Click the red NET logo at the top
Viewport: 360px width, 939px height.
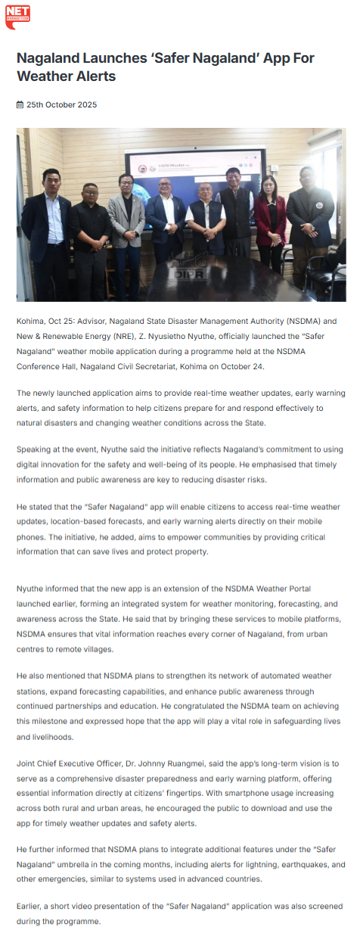[x=17, y=15]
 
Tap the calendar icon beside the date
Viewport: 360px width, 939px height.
[x=20, y=105]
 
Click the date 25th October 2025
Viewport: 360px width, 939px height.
[x=61, y=105]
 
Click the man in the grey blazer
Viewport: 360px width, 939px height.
[x=126, y=219]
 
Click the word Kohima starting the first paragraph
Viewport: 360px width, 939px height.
[x=30, y=322]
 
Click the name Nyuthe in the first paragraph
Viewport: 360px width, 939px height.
[x=229, y=336]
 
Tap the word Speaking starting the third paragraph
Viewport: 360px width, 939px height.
[x=35, y=450]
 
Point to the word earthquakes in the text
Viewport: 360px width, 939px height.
[x=290, y=864]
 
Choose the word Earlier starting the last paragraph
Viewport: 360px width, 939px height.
[x=31, y=906]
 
